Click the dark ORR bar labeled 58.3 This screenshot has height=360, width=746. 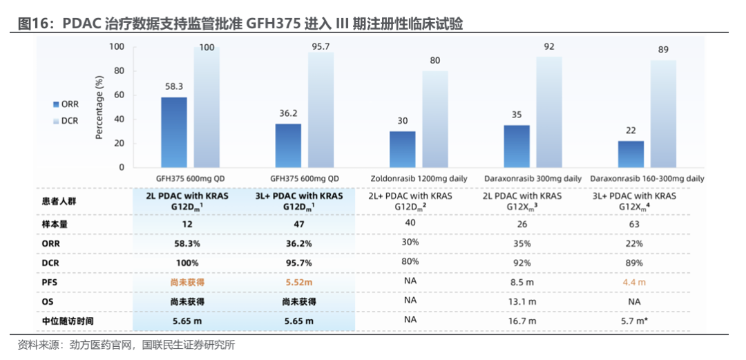(x=174, y=132)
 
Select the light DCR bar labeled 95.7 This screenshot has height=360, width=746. (x=321, y=110)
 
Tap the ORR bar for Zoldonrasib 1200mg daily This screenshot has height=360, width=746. (x=403, y=149)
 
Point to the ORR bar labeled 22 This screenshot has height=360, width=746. (x=631, y=154)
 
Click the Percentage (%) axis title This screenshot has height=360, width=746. (x=99, y=108)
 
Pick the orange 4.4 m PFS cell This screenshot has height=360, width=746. (x=633, y=283)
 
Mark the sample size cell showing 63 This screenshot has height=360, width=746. (x=633, y=225)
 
